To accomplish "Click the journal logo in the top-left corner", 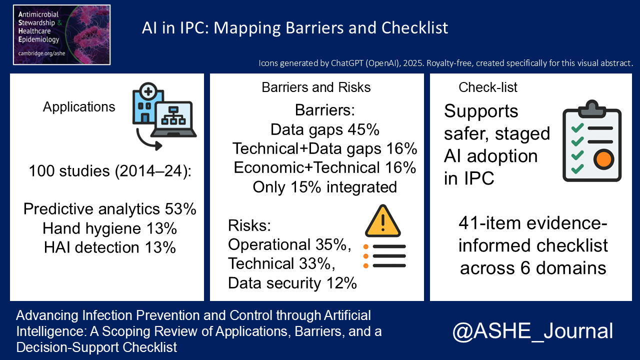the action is pyautogui.click(x=61, y=35).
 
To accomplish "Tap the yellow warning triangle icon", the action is pyautogui.click(x=383, y=221).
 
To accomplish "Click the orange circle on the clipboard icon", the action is pyautogui.click(x=603, y=159).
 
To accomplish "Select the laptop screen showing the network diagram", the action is pyautogui.click(x=173, y=116).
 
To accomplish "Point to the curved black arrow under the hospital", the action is pyautogui.click(x=145, y=142).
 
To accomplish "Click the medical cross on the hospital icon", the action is pyautogui.click(x=148, y=91).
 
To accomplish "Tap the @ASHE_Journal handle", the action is pyautogui.click(x=532, y=331).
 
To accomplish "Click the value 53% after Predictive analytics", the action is pyautogui.click(x=180, y=209).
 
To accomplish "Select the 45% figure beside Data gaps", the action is pyautogui.click(x=363, y=129).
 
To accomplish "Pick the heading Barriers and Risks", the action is pyautogui.click(x=316, y=87).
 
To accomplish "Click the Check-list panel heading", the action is pyautogui.click(x=488, y=87).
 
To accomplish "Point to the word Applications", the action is pyautogui.click(x=79, y=107).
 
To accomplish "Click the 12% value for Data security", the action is pyautogui.click(x=341, y=283).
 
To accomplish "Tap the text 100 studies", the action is pyautogui.click(x=69, y=171).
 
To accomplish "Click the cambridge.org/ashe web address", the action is pyautogui.click(x=41, y=53).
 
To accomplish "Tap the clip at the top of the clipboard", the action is pyautogui.click(x=592, y=108).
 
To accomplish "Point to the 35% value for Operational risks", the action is pyautogui.click(x=331, y=244).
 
